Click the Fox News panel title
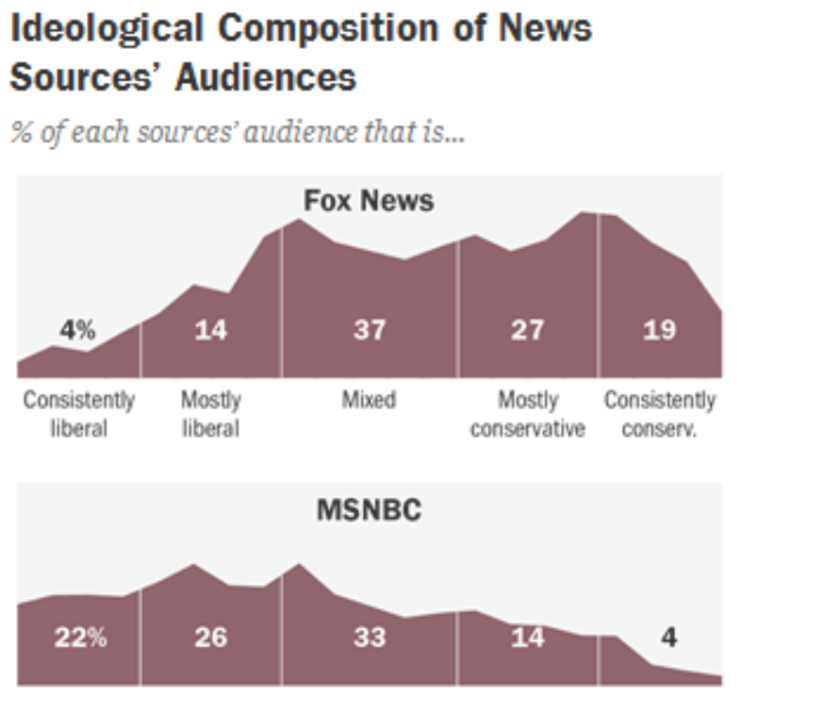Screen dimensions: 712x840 [x=369, y=200]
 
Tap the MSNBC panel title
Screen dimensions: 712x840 [x=369, y=510]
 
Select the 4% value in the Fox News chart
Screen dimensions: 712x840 [x=77, y=330]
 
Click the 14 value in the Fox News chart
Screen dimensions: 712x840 [x=210, y=330]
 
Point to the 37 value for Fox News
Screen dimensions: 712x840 [x=369, y=330]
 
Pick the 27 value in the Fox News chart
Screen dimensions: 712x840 [x=527, y=330]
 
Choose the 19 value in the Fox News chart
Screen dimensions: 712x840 [x=659, y=330]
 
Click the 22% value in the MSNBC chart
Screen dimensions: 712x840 [x=80, y=637]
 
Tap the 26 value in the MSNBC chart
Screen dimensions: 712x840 [x=210, y=637]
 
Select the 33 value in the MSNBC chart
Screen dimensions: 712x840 [x=369, y=637]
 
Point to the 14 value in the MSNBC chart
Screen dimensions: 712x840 [x=527, y=637]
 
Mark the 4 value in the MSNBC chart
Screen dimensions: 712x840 [x=668, y=637]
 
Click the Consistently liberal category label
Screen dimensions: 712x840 [x=79, y=414]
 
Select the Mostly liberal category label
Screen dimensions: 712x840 [x=210, y=414]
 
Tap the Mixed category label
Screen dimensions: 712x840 [x=369, y=400]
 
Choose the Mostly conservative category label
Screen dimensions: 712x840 [x=528, y=414]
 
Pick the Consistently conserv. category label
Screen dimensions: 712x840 [x=660, y=414]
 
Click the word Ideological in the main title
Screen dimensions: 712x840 [x=107, y=28]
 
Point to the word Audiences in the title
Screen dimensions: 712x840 [x=266, y=76]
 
